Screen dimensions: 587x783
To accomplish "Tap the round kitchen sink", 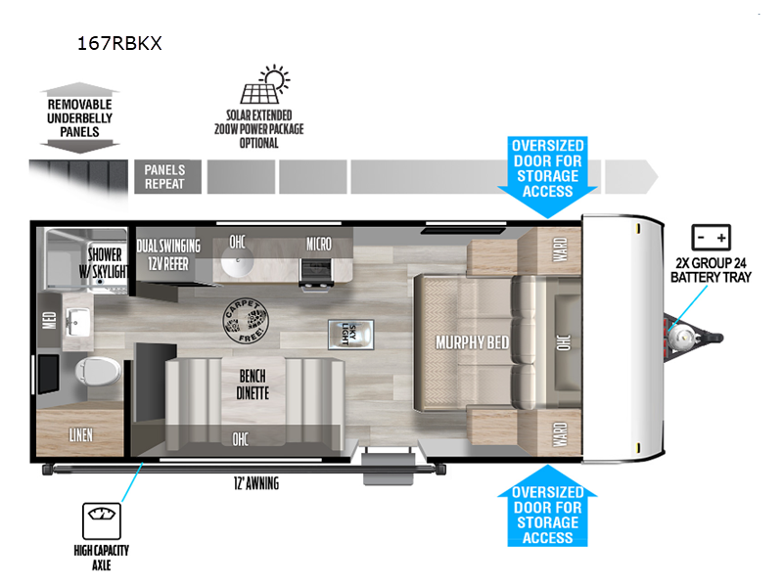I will tap(238, 263).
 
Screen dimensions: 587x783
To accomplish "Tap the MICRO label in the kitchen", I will tap(318, 244).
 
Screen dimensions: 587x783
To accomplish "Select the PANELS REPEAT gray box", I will tap(165, 177).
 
